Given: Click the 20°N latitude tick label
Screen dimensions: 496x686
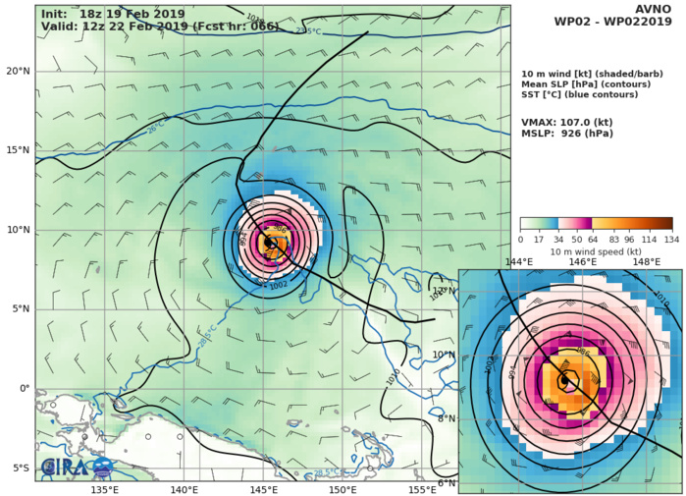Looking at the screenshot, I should click(x=18, y=71).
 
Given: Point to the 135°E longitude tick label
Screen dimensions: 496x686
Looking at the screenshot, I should click(x=105, y=489).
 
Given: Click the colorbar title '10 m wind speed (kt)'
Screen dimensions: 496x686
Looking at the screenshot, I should click(x=596, y=251).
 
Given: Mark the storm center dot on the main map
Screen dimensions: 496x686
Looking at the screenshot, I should click(x=270, y=242).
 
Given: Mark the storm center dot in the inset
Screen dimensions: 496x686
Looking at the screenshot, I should click(x=565, y=380).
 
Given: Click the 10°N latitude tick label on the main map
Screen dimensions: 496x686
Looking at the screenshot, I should click(x=18, y=230).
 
